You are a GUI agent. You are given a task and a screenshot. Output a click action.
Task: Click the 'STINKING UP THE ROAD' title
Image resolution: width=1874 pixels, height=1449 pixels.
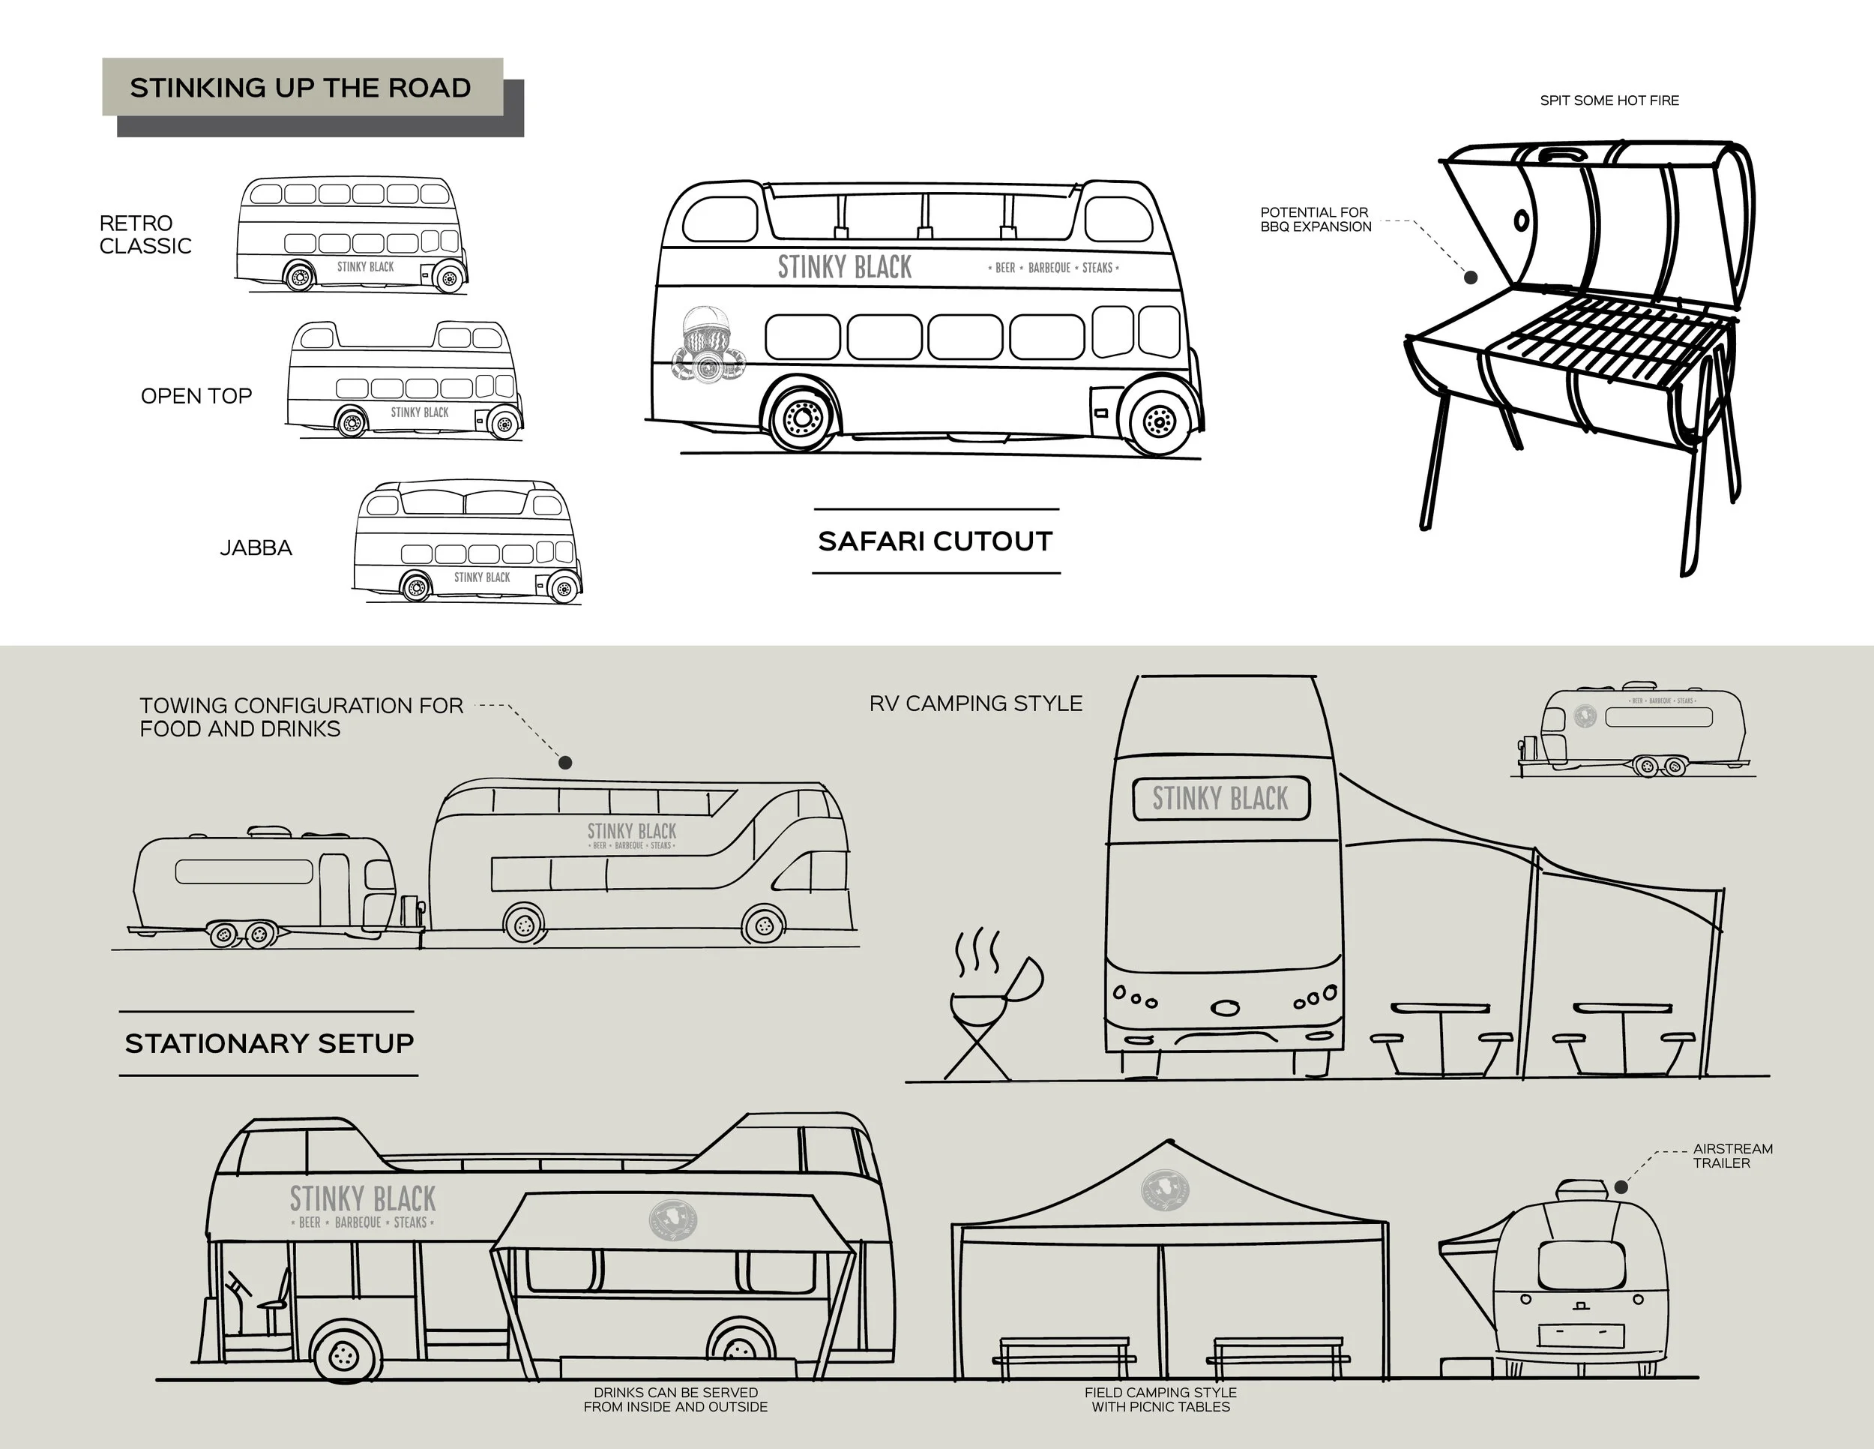pyautogui.click(x=301, y=88)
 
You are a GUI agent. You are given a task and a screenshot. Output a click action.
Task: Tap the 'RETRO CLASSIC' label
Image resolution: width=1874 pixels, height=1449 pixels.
pyautogui.click(x=145, y=234)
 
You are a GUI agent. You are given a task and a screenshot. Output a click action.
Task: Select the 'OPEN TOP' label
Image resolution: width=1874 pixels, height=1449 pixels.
pyautogui.click(x=196, y=396)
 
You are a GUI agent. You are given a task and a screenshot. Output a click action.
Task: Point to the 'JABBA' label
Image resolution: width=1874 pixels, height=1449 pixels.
pyautogui.click(x=256, y=547)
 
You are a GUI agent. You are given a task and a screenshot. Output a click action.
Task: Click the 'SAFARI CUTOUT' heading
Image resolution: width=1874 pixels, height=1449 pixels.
pyautogui.click(x=936, y=541)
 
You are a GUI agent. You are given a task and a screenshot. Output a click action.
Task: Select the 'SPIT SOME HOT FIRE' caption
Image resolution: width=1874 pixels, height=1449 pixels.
pyautogui.click(x=1609, y=100)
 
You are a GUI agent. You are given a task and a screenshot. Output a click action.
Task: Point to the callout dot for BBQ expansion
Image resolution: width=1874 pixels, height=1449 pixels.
pyautogui.click(x=1470, y=277)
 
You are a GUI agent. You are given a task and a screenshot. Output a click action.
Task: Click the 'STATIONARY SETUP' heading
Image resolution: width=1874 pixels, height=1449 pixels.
pyautogui.click(x=269, y=1043)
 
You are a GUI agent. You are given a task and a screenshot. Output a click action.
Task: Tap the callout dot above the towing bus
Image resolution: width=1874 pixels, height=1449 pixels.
pyautogui.click(x=565, y=762)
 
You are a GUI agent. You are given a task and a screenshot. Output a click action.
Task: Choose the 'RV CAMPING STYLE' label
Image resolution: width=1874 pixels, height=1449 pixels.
pyautogui.click(x=976, y=704)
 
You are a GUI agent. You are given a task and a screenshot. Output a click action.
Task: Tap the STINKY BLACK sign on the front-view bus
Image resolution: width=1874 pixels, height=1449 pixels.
pyautogui.click(x=1220, y=798)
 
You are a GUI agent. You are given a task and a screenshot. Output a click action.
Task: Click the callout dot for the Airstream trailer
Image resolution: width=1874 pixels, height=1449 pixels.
pyautogui.click(x=1620, y=1187)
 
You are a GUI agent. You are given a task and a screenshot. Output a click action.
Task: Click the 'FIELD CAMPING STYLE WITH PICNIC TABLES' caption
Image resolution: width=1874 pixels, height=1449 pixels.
pyautogui.click(x=1160, y=1399)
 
